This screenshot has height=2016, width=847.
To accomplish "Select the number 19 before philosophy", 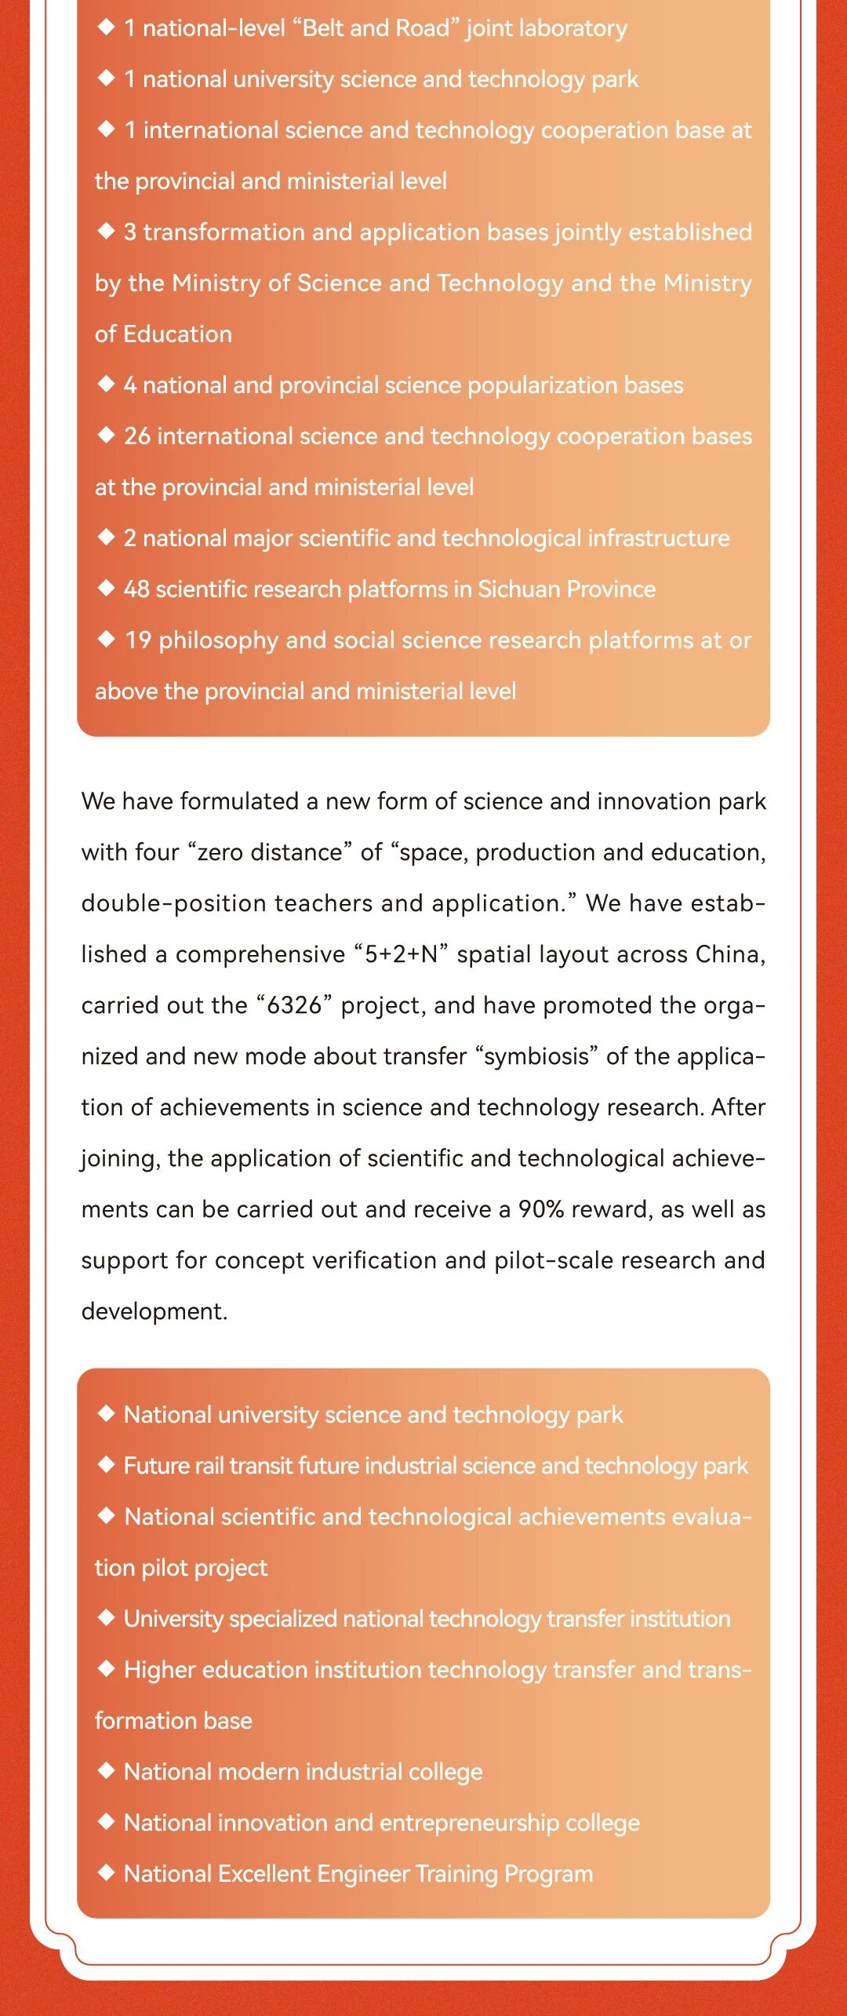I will click(137, 640).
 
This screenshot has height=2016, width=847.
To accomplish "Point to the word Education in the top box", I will click(177, 334).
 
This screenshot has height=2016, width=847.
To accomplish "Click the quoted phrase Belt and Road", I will click(376, 28).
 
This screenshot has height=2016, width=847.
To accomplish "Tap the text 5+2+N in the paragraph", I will click(401, 954).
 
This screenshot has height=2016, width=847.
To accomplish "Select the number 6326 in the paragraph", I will click(294, 1005).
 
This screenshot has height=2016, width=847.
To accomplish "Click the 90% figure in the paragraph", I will click(540, 1209).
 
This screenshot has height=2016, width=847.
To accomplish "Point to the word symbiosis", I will click(536, 1056).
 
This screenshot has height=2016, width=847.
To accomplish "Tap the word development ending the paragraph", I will click(154, 1311).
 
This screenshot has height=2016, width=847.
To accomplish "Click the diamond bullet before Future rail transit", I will click(106, 1464).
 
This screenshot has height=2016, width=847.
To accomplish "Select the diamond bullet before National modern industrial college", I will click(106, 1770).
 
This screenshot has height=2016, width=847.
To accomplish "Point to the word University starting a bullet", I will click(173, 1618).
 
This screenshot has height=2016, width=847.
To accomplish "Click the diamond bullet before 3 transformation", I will click(106, 231).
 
